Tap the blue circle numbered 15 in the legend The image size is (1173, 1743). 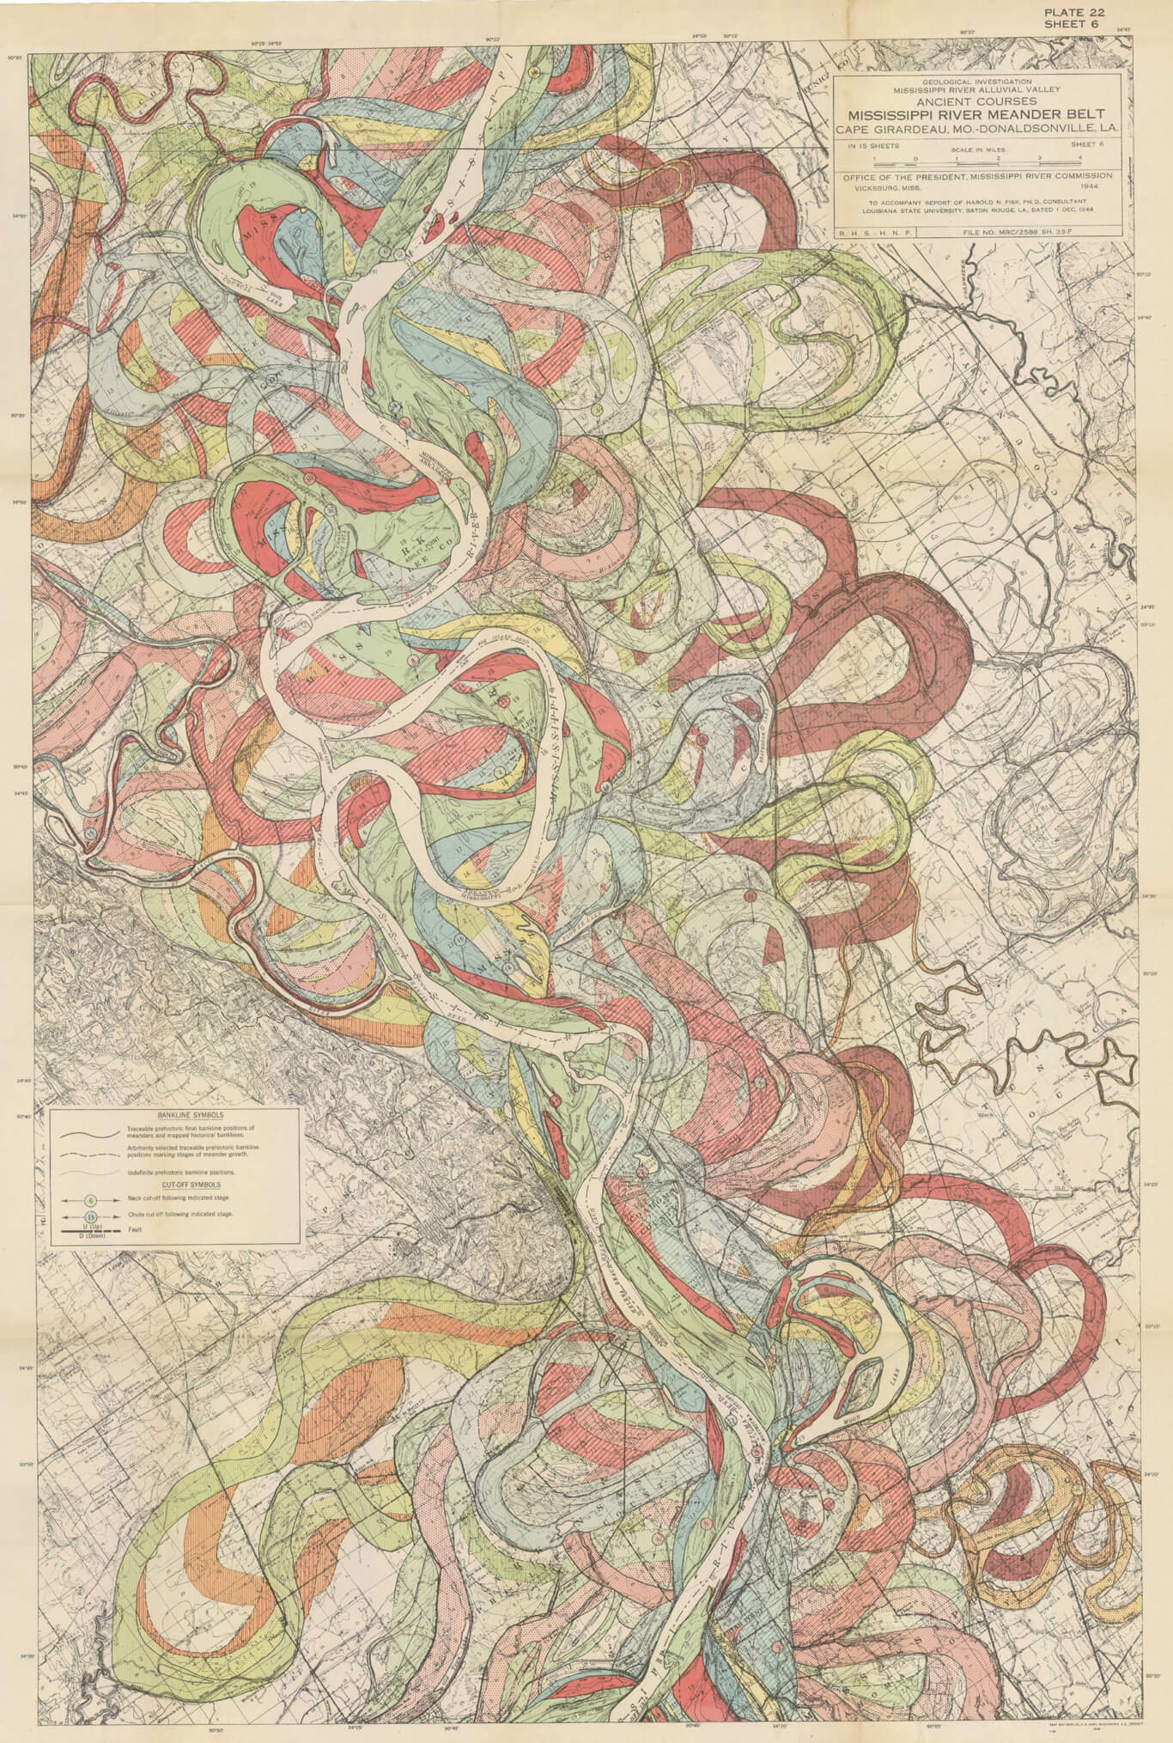[90, 1216]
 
